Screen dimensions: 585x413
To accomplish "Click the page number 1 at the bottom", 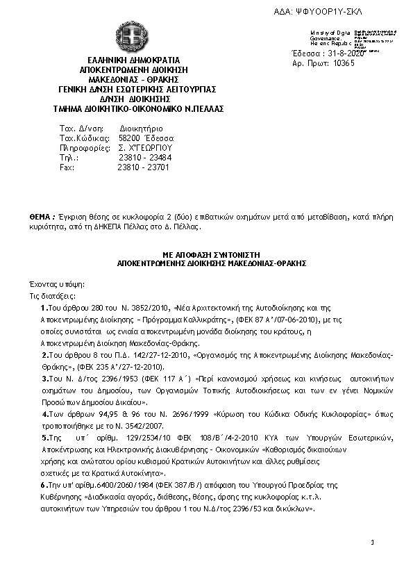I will (x=372, y=542).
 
